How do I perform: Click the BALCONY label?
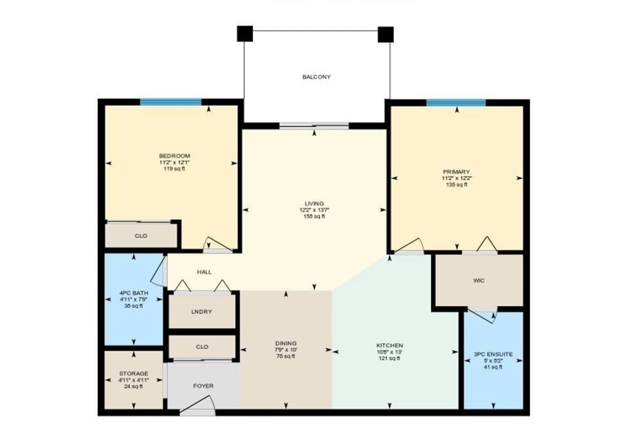pyautogui.click(x=316, y=77)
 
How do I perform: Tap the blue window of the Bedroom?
pyautogui.click(x=171, y=102)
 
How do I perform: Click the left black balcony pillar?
pyautogui.click(x=245, y=34)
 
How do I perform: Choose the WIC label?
pyautogui.click(x=479, y=281)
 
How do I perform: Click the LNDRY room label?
pyautogui.click(x=201, y=312)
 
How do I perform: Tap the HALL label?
pyautogui.click(x=204, y=272)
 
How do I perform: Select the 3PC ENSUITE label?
pyautogui.click(x=493, y=354)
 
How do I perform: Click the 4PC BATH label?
pyautogui.click(x=134, y=293)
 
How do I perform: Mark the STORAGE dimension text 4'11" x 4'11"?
pyautogui.click(x=134, y=380)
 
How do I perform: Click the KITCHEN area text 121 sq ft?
pyautogui.click(x=389, y=358)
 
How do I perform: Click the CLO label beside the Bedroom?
pyautogui.click(x=141, y=236)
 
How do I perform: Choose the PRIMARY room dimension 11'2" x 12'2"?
pyautogui.click(x=457, y=178)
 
